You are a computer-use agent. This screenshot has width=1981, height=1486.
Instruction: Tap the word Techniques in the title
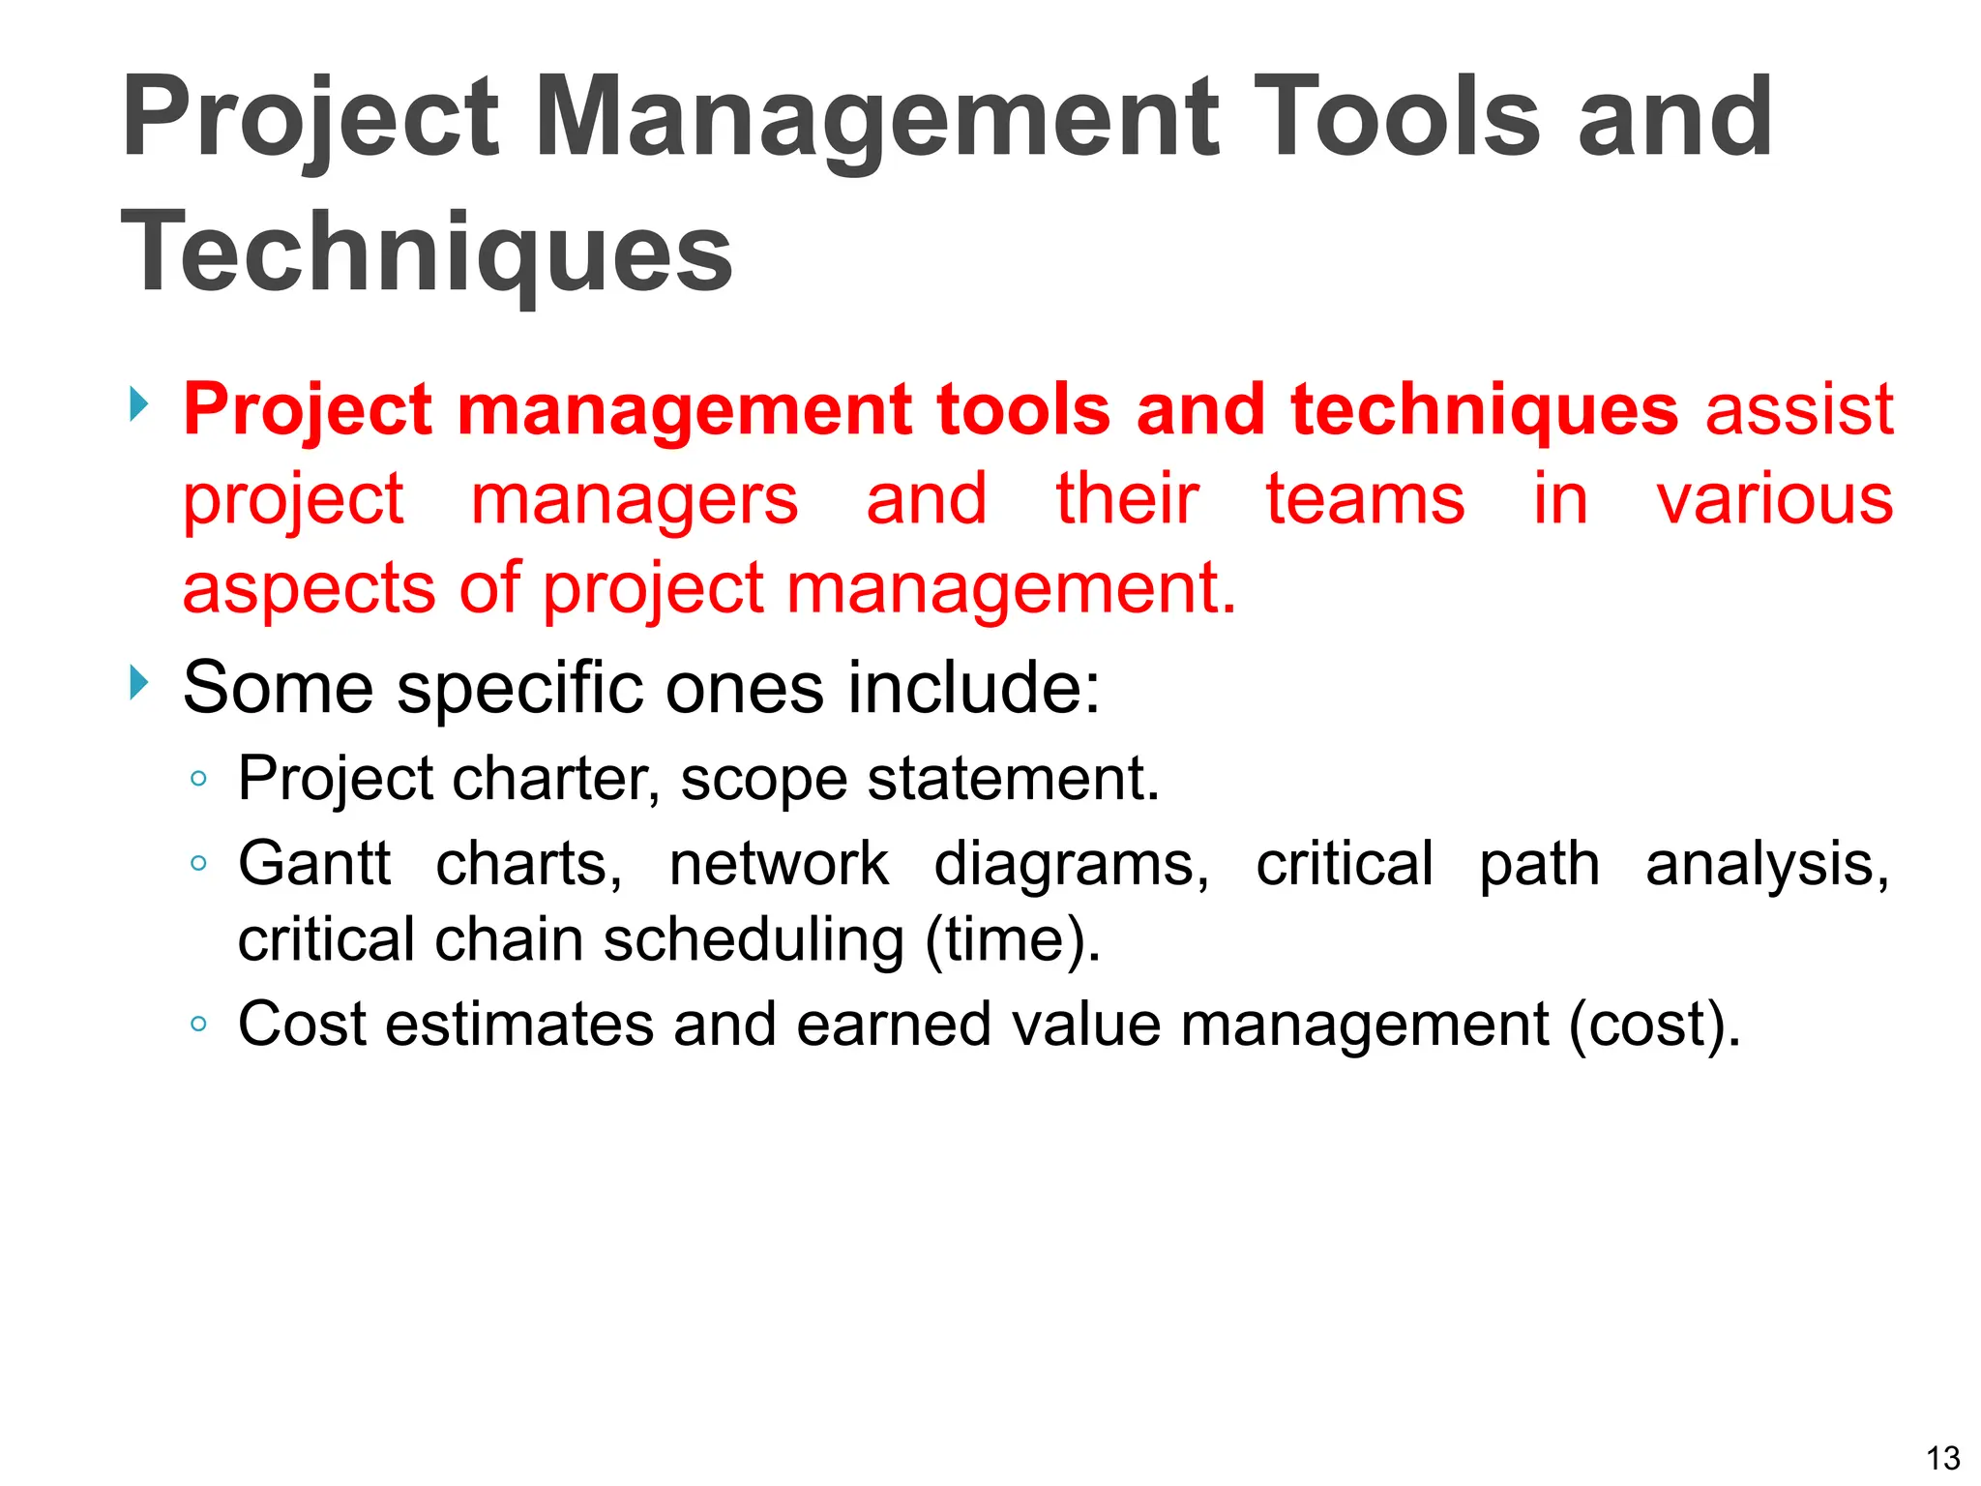(427, 253)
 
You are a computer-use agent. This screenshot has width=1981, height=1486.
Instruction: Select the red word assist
(1798, 410)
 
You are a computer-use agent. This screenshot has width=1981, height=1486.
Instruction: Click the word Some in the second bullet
(278, 688)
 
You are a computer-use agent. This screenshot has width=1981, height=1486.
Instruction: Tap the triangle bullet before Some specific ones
(140, 683)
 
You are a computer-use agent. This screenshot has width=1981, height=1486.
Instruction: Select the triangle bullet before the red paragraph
(140, 403)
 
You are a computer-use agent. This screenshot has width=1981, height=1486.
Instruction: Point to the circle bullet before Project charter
(198, 778)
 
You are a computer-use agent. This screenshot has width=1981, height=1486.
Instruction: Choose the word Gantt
(314, 863)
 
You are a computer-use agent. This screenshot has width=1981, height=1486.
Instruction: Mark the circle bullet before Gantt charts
(198, 862)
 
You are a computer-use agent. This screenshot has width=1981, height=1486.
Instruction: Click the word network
(778, 863)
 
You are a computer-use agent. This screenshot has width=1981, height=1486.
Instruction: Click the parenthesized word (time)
(1013, 939)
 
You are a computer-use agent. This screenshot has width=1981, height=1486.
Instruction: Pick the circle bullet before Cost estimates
(198, 1023)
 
